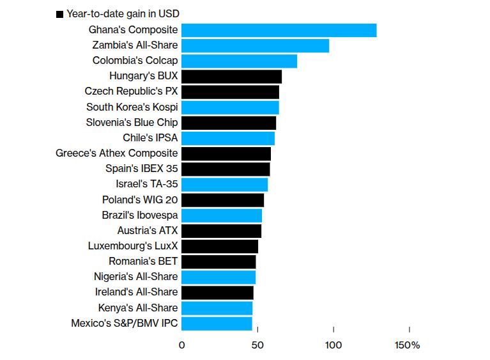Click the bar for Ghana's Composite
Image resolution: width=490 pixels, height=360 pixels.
[279, 30]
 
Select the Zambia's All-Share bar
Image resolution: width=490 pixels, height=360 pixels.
[255, 45]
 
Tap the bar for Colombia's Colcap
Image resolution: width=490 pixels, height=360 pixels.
[239, 61]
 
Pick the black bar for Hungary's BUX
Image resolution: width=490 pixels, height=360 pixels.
[231, 76]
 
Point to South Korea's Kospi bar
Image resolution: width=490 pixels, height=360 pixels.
[230, 107]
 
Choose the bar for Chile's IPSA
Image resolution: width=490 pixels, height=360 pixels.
[228, 138]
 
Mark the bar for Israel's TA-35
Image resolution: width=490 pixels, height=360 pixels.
[224, 184]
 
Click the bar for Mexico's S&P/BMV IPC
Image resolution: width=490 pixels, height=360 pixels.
[217, 324]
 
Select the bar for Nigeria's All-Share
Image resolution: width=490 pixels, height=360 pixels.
[218, 277]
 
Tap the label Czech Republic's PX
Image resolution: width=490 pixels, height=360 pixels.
[131, 91]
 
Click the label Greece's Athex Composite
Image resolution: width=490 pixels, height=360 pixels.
[117, 153]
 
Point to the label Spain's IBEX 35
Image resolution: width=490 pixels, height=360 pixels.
[141, 169]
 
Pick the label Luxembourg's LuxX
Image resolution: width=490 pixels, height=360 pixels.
[133, 246]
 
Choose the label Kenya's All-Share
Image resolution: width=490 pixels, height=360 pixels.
[138, 308]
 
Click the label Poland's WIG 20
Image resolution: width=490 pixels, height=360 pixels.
[140, 200]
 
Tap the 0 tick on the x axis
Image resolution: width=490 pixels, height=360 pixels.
[182, 346]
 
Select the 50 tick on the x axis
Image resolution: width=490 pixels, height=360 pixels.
[257, 346]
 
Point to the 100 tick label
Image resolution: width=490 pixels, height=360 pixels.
[333, 346]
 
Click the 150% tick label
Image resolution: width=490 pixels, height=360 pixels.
[408, 346]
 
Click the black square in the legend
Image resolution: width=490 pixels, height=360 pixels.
[59, 13]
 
